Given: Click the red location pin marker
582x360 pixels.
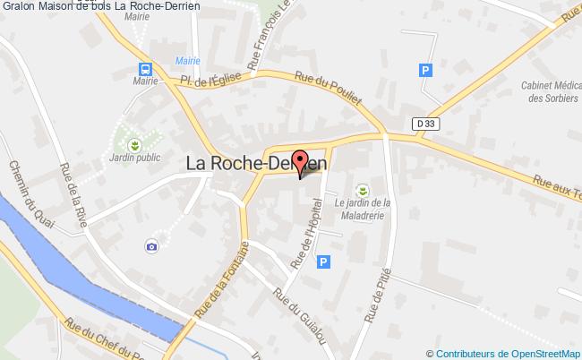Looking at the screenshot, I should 299,162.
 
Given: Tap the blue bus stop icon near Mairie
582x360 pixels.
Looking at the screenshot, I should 144,68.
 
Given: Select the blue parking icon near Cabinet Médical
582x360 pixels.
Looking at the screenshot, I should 426,70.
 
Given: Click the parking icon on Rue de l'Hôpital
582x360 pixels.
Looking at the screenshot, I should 324,261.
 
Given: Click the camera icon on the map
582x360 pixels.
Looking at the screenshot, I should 151,245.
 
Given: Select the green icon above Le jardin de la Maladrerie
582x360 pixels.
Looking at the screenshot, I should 363,189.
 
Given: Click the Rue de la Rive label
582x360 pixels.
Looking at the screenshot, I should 73,193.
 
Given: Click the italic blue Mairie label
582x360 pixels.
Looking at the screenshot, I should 187,61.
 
